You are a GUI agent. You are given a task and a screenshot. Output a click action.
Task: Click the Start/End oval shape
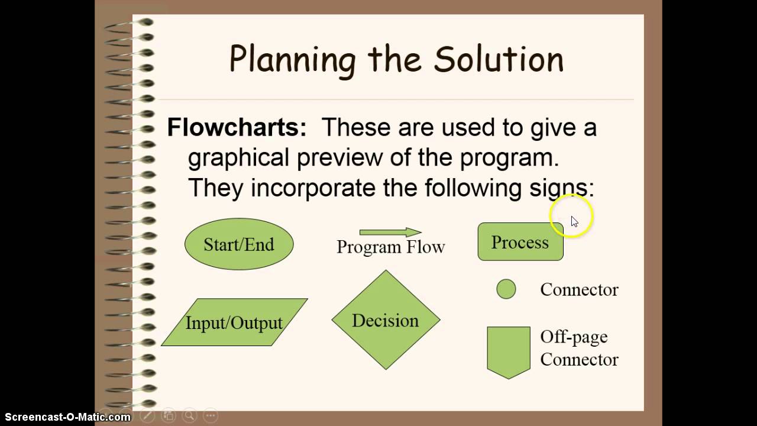(239, 244)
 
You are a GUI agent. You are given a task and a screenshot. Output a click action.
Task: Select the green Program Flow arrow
(390, 233)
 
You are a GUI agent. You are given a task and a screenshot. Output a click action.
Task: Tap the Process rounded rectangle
(520, 242)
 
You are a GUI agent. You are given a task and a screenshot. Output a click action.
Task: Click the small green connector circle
(506, 289)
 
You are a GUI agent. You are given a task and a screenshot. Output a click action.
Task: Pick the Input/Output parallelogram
(234, 322)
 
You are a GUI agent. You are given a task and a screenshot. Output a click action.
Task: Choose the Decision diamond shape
(386, 320)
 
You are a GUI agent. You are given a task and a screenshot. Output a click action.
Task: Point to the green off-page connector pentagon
(509, 351)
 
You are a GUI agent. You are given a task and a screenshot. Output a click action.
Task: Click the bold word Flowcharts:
(237, 128)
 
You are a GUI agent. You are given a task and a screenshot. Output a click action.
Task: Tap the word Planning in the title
(292, 60)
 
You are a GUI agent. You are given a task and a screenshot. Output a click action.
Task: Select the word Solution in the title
(499, 60)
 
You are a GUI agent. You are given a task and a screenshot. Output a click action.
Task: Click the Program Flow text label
(390, 247)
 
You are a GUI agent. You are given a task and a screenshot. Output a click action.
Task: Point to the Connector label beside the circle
(579, 289)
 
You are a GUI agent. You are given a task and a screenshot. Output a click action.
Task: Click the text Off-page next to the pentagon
(574, 337)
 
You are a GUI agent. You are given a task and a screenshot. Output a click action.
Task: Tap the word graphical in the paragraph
(238, 158)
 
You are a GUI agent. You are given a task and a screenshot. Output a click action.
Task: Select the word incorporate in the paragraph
(314, 188)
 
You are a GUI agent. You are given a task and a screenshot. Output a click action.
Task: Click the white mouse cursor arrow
(574, 221)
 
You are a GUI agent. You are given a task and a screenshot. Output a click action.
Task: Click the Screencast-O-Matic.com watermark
(65, 417)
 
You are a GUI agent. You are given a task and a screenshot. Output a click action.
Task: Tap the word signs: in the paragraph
(561, 188)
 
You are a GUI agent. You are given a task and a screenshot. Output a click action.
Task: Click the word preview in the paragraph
(334, 158)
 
